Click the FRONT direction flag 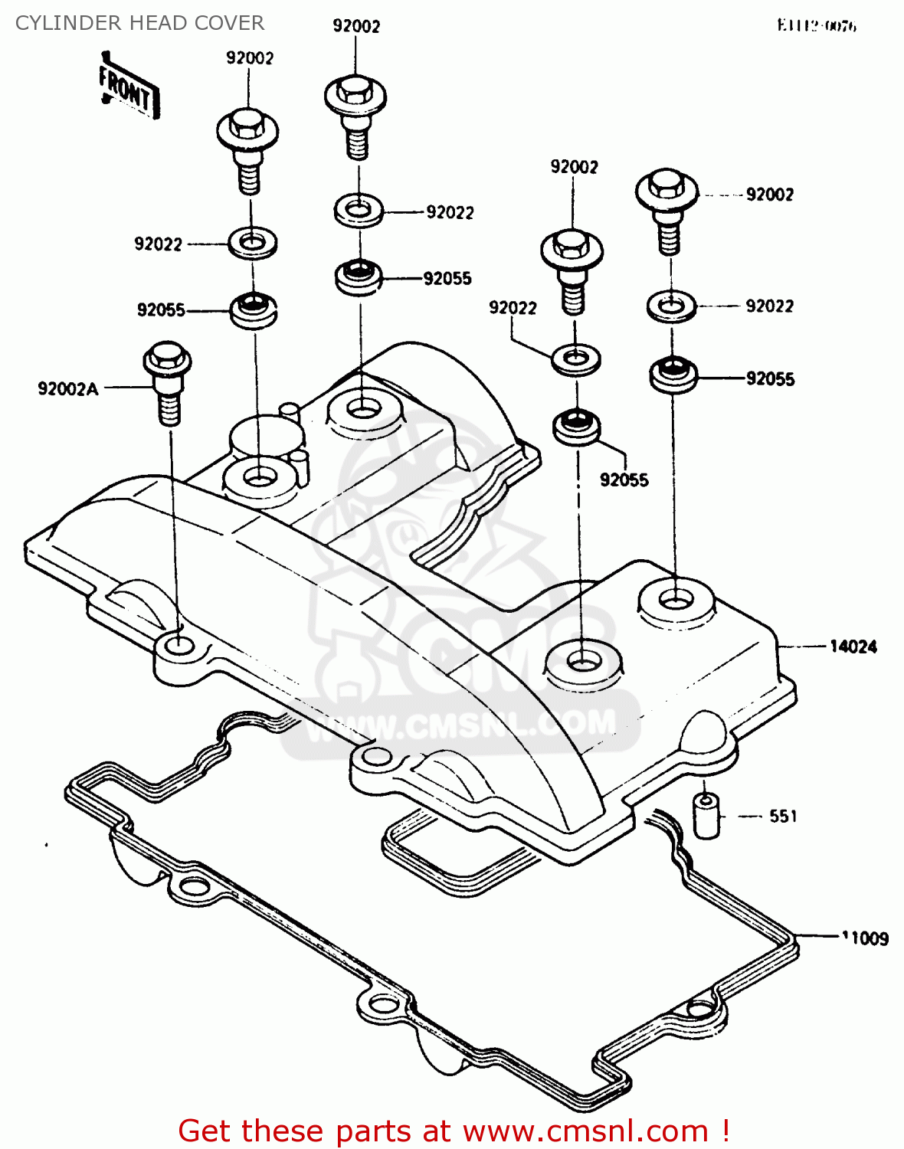pyautogui.click(x=128, y=90)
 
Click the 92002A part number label pyautogui.click(x=68, y=389)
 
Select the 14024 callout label pyautogui.click(x=853, y=647)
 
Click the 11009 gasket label pyautogui.click(x=865, y=938)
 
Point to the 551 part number pyautogui.click(x=783, y=817)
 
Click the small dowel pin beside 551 pyautogui.click(x=706, y=816)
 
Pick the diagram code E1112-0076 pyautogui.click(x=817, y=26)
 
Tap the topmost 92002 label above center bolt pyautogui.click(x=356, y=26)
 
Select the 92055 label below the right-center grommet pyautogui.click(x=624, y=480)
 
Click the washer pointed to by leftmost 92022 pyautogui.click(x=252, y=244)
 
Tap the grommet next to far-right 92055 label pyautogui.click(x=673, y=374)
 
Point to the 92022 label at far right pyautogui.click(x=769, y=306)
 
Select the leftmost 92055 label pyautogui.click(x=161, y=310)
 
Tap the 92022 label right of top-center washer pyautogui.click(x=450, y=213)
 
